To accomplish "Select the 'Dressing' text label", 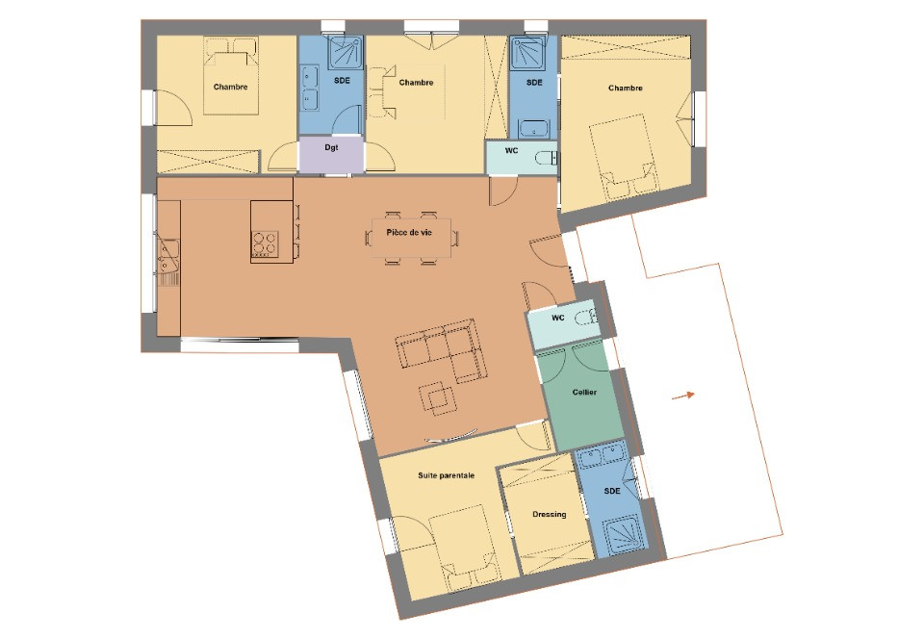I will pos(549,514).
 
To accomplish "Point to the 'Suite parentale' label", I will pos(446,475).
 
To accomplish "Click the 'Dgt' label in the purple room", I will pos(331,148).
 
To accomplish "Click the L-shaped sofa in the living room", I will pos(443,352).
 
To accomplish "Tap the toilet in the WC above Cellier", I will pos(584,317).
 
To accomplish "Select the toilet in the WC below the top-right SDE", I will pos(546,157).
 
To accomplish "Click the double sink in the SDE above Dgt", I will pos(310,88).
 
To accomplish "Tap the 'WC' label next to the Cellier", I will pos(557,318).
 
